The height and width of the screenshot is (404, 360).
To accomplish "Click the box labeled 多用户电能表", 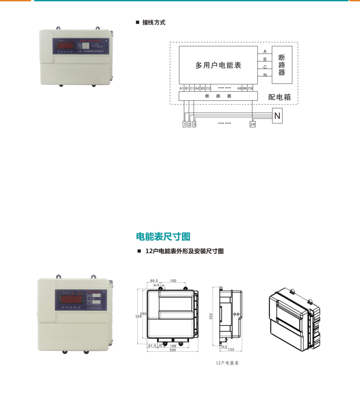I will click(218, 65).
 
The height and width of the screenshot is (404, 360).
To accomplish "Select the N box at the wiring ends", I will click(277, 116).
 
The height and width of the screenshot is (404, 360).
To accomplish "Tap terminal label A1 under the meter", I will click(181, 88).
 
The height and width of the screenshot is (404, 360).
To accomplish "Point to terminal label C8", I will click(250, 88).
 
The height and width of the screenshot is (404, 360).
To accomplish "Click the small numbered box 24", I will click(252, 125).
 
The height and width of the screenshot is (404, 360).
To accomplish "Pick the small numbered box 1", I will click(184, 125).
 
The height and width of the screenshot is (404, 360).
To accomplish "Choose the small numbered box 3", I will click(194, 125).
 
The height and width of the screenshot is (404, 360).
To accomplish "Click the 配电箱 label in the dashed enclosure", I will click(280, 97).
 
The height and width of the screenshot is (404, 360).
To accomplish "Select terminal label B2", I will click(203, 88).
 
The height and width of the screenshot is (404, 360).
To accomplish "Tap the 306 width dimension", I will click(172, 350).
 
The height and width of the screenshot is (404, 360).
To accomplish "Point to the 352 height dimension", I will click(211, 316).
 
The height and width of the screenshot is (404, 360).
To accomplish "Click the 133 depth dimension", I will click(231, 350).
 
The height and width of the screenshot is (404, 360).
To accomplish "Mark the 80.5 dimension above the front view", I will click(154, 280).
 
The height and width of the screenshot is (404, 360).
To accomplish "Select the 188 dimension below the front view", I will click(173, 346).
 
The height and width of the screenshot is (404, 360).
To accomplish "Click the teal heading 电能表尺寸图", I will click(163, 237).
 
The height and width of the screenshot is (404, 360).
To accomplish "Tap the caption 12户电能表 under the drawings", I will click(227, 363).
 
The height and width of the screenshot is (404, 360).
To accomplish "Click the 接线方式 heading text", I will click(154, 22).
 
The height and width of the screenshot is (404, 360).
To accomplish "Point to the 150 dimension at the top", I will click(173, 280).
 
